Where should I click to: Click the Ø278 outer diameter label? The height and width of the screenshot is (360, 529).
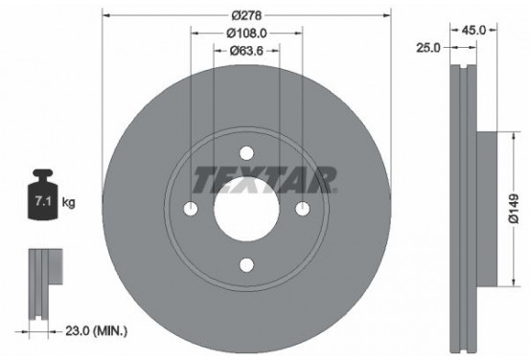(247, 15)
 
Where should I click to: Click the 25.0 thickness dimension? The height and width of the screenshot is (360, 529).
(428, 46)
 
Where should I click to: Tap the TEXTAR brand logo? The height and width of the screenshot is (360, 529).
(265, 178)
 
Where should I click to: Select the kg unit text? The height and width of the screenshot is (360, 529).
(68, 204)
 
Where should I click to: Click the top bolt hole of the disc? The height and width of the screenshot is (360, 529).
(246, 153)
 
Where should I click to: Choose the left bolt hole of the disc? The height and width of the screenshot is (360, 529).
(190, 210)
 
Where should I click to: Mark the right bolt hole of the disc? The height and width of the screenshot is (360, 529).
(303, 210)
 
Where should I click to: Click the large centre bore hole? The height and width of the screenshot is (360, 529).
(246, 210)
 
